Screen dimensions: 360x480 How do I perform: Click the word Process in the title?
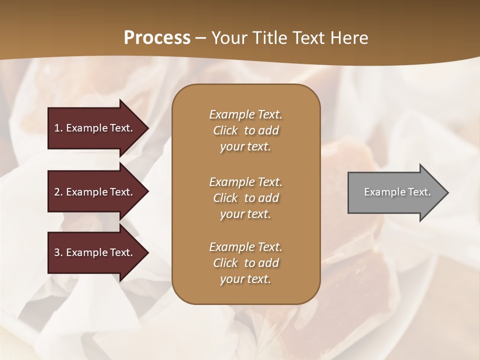(x=157, y=38)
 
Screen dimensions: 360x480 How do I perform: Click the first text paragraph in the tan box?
(x=245, y=130)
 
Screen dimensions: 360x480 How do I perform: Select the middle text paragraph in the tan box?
(x=245, y=198)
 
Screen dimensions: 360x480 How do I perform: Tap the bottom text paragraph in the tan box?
(x=245, y=263)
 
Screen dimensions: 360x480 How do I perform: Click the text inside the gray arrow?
(x=397, y=192)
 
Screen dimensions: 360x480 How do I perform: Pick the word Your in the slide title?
(x=229, y=38)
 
